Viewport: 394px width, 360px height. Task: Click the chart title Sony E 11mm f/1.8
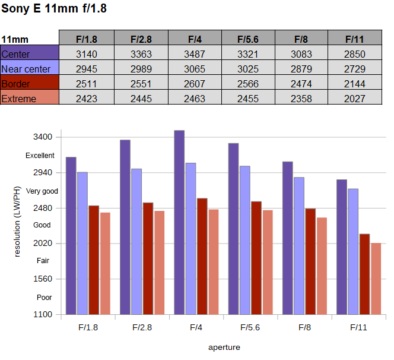coord(55,10)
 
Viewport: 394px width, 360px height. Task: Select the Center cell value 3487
coord(195,54)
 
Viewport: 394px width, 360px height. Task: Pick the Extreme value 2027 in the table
coord(354,99)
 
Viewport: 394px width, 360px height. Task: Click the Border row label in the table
coord(16,84)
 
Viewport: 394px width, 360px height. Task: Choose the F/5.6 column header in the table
coord(248,39)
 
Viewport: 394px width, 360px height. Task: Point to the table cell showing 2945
coord(87,69)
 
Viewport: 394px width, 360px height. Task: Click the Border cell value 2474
coord(301,84)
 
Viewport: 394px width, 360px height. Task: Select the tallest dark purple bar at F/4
coord(179,222)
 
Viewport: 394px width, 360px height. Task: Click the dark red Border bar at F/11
coord(364,274)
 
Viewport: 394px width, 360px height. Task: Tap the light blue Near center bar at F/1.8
coord(82,243)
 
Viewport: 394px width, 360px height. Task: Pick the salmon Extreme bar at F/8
coord(322,266)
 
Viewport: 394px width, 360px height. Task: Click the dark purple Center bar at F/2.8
coord(125,227)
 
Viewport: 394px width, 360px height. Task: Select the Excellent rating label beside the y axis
coord(40,156)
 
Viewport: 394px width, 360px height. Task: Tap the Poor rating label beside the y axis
coord(45,297)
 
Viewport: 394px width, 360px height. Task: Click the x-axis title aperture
coord(224,347)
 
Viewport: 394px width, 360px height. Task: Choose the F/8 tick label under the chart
coord(304,327)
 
